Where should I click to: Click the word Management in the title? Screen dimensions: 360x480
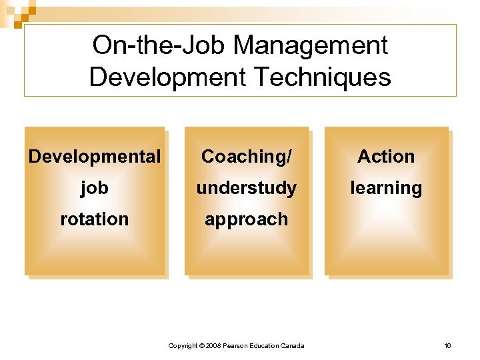tap(311, 46)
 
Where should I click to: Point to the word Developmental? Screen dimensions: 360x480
tap(95, 157)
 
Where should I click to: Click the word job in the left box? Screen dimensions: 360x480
tap(95, 189)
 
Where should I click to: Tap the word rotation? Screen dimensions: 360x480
tap(95, 219)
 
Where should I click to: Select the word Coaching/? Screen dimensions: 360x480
tap(247, 157)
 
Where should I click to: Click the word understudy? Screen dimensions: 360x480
tap(247, 188)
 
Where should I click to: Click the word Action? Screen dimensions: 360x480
tap(386, 157)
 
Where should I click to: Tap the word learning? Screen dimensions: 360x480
tap(386, 189)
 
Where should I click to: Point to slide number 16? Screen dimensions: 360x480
tap(447, 345)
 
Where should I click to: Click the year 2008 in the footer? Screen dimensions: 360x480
tap(213, 345)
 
